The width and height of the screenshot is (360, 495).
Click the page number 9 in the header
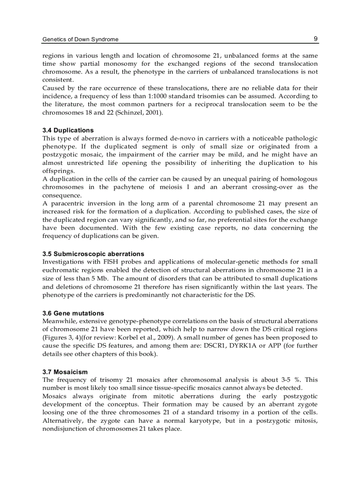click(x=315, y=39)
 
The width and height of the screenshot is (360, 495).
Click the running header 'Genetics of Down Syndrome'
click(x=80, y=39)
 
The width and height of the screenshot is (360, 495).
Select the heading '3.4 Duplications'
click(x=68, y=130)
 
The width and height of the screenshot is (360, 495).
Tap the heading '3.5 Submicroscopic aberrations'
click(x=93, y=254)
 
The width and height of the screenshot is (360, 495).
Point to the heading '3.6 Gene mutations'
click(x=73, y=313)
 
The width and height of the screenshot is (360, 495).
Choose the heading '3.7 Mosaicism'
click(x=65, y=372)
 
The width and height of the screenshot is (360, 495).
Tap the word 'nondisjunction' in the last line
click(x=64, y=429)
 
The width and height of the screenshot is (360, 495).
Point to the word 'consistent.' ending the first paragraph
click(x=57, y=80)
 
